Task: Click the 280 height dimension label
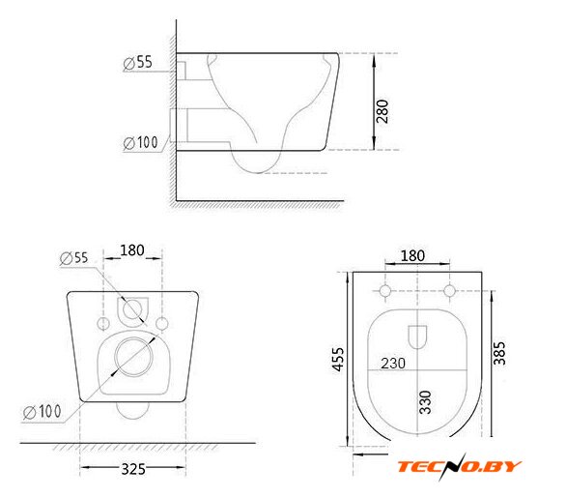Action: point(382,111)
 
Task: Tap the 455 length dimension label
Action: point(338,359)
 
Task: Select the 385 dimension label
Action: point(499,353)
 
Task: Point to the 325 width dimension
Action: point(133,469)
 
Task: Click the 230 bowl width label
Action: point(393,364)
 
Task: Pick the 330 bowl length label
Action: point(425,402)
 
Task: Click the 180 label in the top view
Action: point(412,256)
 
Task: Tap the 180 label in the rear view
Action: point(132,250)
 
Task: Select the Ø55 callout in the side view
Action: point(137,63)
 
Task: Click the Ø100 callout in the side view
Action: point(140,142)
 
